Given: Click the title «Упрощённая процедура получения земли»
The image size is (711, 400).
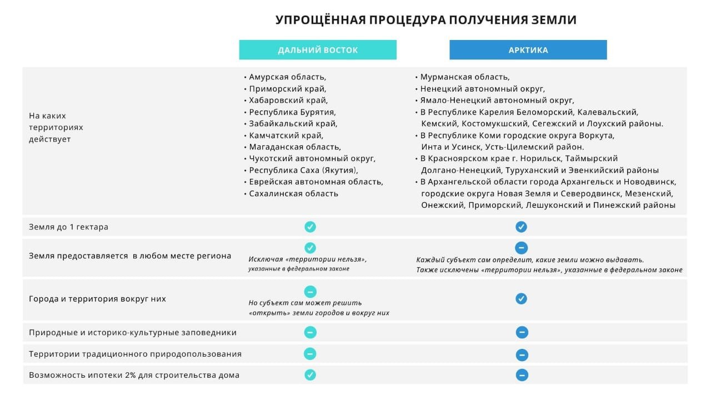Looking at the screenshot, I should point(426,21).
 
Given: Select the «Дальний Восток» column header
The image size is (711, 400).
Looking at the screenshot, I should point(318,50).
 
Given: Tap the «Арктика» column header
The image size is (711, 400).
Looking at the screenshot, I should point(528,50).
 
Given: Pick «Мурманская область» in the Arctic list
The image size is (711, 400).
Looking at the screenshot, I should point(464,77).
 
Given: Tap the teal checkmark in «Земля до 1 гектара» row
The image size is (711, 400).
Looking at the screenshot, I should point(310,227).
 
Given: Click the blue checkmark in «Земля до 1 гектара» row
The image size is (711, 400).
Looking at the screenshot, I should point(521,227).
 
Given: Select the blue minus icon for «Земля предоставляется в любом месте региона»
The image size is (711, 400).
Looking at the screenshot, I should point(521,248).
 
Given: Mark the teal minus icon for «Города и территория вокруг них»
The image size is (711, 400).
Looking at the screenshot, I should point(310,291).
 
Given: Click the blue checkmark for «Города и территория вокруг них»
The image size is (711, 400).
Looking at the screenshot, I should point(521,298).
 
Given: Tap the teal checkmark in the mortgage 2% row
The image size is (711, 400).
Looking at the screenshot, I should point(310,375).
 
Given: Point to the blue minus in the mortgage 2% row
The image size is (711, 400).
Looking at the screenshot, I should point(521,375).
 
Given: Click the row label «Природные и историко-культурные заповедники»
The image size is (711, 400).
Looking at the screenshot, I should point(133,333).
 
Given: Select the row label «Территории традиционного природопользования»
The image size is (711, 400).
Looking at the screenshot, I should point(135,354).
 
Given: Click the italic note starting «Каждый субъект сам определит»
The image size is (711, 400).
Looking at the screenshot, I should point(530,260).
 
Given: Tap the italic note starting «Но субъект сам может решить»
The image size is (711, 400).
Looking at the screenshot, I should point(306,303).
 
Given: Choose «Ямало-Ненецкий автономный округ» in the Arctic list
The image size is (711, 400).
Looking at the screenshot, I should point(497,101).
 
